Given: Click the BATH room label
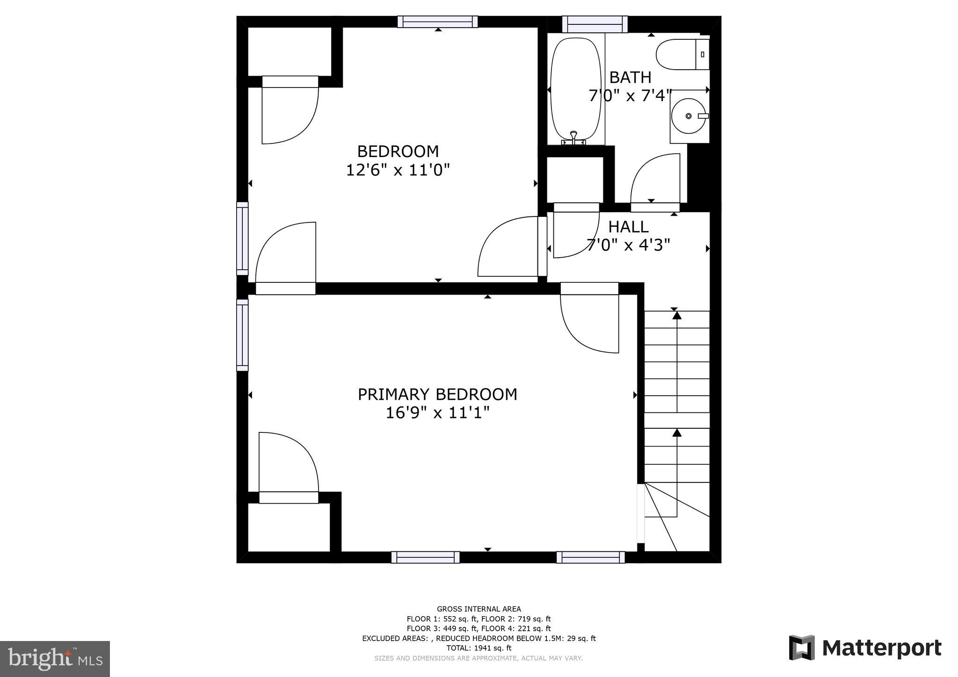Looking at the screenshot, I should (630, 77).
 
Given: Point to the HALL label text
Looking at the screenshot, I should (628, 227).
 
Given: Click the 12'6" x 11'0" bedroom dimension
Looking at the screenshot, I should (398, 170).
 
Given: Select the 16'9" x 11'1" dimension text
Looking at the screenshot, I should (437, 413).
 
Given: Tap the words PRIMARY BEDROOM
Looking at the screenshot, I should (437, 394).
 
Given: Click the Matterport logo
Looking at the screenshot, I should (865, 648).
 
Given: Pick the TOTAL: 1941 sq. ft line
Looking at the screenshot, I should (479, 648).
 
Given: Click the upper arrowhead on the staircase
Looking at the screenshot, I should (677, 316).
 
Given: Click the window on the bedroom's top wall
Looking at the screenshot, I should (438, 22).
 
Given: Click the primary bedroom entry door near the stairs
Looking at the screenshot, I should (589, 323).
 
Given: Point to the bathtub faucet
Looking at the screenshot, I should (573, 137).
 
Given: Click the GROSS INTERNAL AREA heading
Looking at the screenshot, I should (479, 609).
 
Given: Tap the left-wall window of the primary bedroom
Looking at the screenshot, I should (242, 335).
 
